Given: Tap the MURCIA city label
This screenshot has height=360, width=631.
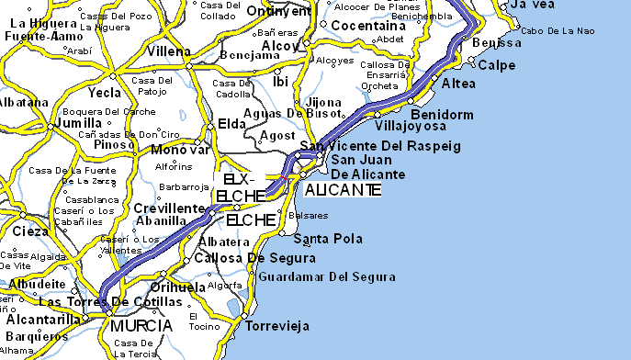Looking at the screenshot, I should click(140, 326).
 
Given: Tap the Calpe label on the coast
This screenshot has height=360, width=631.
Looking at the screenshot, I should click(497, 65).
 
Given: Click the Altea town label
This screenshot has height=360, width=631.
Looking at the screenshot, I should click(458, 84).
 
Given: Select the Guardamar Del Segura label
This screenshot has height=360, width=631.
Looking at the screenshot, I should click(327, 276).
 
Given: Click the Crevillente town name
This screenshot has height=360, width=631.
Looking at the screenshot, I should click(167, 208).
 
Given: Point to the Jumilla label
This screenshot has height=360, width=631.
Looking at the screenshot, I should click(77, 122).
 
